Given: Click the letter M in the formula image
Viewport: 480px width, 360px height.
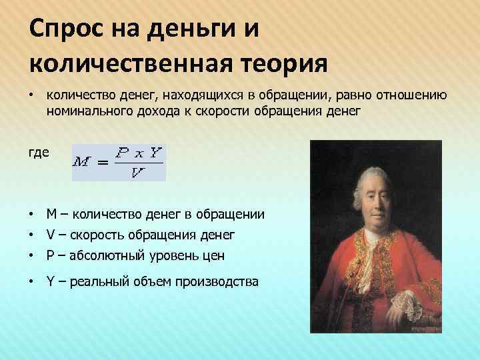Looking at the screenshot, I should [83, 162].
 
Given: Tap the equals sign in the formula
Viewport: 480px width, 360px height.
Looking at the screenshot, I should [102, 163].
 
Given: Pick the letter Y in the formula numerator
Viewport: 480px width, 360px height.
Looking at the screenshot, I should [155, 152].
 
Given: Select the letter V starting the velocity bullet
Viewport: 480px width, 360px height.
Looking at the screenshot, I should [51, 235].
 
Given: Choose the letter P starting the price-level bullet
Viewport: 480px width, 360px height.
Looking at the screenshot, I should [51, 255].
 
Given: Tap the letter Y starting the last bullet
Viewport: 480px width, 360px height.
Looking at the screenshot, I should [51, 282].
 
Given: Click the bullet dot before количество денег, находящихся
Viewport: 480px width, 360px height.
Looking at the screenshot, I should [31, 96].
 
